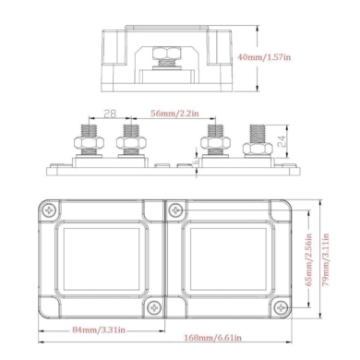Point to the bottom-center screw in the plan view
(x=153, y=306)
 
